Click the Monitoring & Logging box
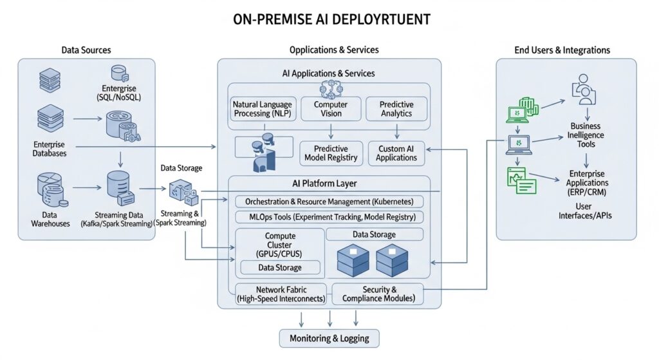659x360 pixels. point(329,339)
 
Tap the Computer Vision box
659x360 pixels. point(330,109)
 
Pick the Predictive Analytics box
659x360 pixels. point(396,109)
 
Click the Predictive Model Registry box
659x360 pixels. point(330,153)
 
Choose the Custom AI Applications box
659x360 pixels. point(396,153)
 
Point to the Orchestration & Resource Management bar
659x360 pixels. point(329,202)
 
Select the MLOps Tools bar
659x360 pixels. point(329,217)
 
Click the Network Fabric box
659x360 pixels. point(281,294)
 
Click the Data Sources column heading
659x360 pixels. point(86,50)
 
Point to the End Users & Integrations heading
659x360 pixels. point(562,50)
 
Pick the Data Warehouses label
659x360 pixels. point(50,219)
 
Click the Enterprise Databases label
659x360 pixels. point(50,149)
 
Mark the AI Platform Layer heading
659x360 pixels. point(329,184)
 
